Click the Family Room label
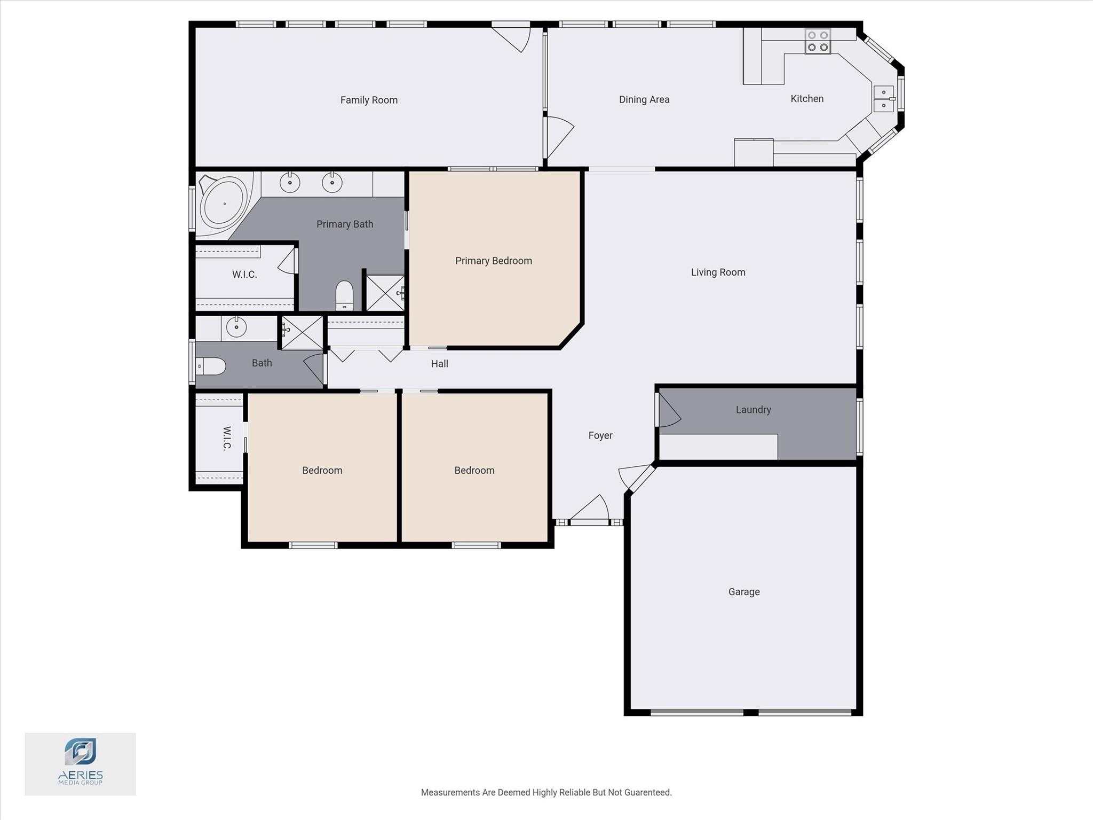(x=369, y=100)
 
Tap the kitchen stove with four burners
(x=818, y=41)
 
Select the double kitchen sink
(x=883, y=99)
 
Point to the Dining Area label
(x=644, y=99)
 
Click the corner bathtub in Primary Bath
(x=224, y=204)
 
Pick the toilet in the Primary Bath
(x=344, y=295)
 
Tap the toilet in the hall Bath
(x=211, y=366)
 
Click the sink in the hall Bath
(x=236, y=327)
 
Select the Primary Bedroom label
(x=493, y=261)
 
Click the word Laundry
(x=753, y=410)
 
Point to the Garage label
(x=744, y=591)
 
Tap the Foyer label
(x=600, y=435)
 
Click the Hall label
(x=439, y=364)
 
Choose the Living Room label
(x=718, y=272)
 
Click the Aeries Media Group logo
(x=81, y=763)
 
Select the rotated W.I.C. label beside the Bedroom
(x=227, y=439)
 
